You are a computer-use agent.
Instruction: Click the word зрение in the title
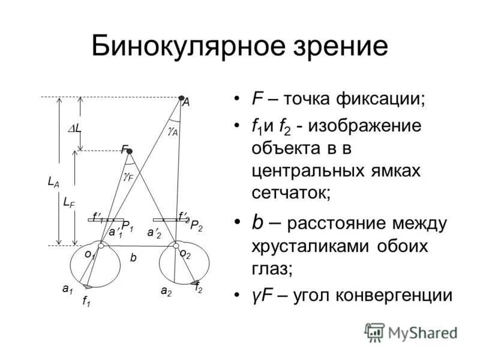tap(332, 47)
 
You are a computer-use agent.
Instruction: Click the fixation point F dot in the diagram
tap(129, 151)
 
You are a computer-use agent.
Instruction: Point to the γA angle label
tap(173, 131)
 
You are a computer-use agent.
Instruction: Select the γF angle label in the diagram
tap(128, 177)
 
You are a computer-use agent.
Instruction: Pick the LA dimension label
tap(53, 182)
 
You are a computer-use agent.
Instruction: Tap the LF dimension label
tap(69, 203)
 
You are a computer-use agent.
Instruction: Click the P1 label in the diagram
tap(127, 226)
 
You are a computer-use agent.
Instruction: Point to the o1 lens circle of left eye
tap(101, 245)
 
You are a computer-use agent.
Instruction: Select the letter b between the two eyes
tap(134, 257)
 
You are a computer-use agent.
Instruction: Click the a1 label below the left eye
tap(67, 289)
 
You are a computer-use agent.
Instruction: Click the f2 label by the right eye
tap(199, 289)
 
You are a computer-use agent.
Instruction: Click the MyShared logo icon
tap(374, 332)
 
